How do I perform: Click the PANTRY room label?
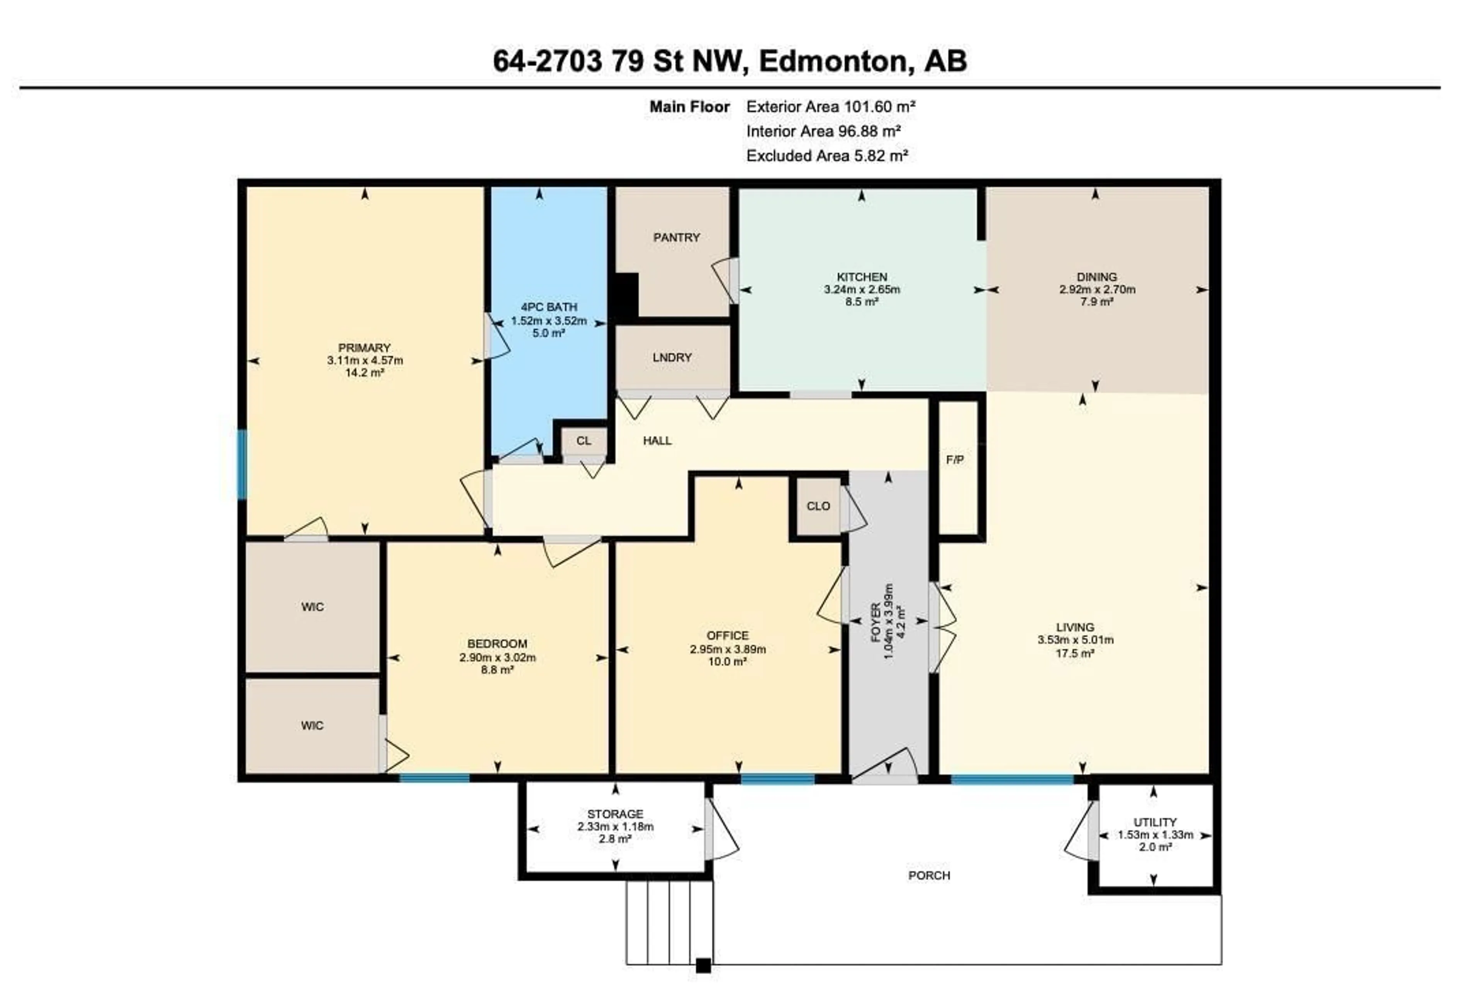coord(676,238)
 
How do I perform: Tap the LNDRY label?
coord(672,358)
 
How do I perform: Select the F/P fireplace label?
coord(955,460)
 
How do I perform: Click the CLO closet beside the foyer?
coord(818,506)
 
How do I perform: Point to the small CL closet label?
coord(584,441)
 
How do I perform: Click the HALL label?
coord(657,441)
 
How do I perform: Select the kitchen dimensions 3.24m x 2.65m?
coord(861,289)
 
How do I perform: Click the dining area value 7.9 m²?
coord(1096,302)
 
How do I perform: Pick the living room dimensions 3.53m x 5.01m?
coord(1075,639)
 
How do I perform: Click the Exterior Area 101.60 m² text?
coord(830,107)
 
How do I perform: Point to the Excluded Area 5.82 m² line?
coord(827,156)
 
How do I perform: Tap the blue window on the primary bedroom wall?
coord(242,465)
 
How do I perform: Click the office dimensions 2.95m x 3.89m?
coord(728,649)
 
